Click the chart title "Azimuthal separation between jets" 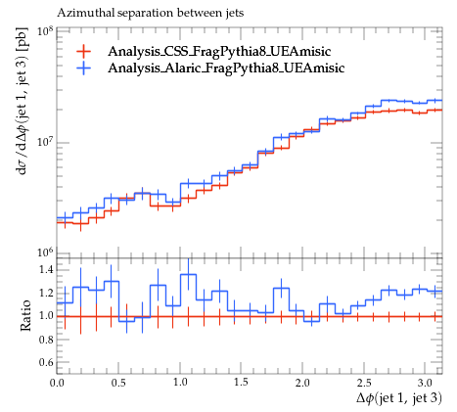click(150, 13)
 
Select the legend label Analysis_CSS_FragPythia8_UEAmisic click(219, 51)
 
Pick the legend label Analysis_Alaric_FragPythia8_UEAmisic click(226, 68)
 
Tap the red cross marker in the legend click(83, 51)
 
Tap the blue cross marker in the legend click(83, 68)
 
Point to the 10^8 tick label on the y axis click(45, 31)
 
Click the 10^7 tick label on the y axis click(45, 142)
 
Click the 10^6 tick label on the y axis click(45, 252)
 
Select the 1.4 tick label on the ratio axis click(46, 270)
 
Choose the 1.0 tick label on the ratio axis click(46, 316)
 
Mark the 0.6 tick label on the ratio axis click(46, 362)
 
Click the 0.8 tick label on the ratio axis click(46, 340)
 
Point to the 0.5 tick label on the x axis click(118, 383)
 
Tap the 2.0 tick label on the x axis click(302, 383)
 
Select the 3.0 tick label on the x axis click(426, 383)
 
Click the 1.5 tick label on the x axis click(241, 383)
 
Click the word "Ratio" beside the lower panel click(25, 315)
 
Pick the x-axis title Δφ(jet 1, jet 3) click(399, 398)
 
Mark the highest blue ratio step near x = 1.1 click(188, 274)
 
